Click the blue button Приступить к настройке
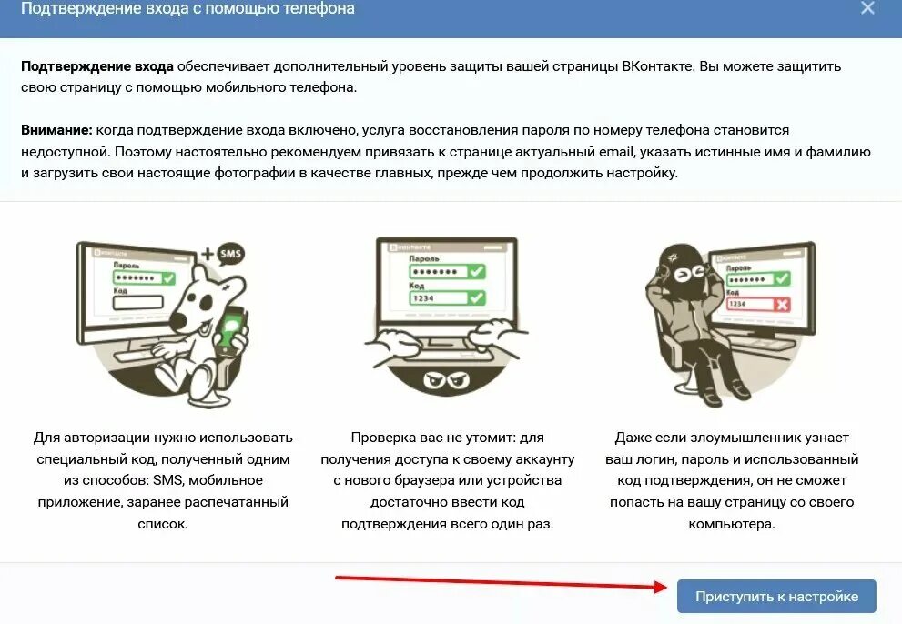[776, 597]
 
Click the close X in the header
[867, 8]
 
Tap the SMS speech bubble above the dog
[232, 254]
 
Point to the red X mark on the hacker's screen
[781, 303]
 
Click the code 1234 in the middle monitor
[422, 298]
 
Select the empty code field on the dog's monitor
[137, 302]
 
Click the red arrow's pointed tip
[670, 587]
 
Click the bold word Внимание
[56, 130]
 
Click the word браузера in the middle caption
[432, 479]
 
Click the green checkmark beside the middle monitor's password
[475, 272]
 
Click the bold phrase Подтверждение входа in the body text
[97, 66]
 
